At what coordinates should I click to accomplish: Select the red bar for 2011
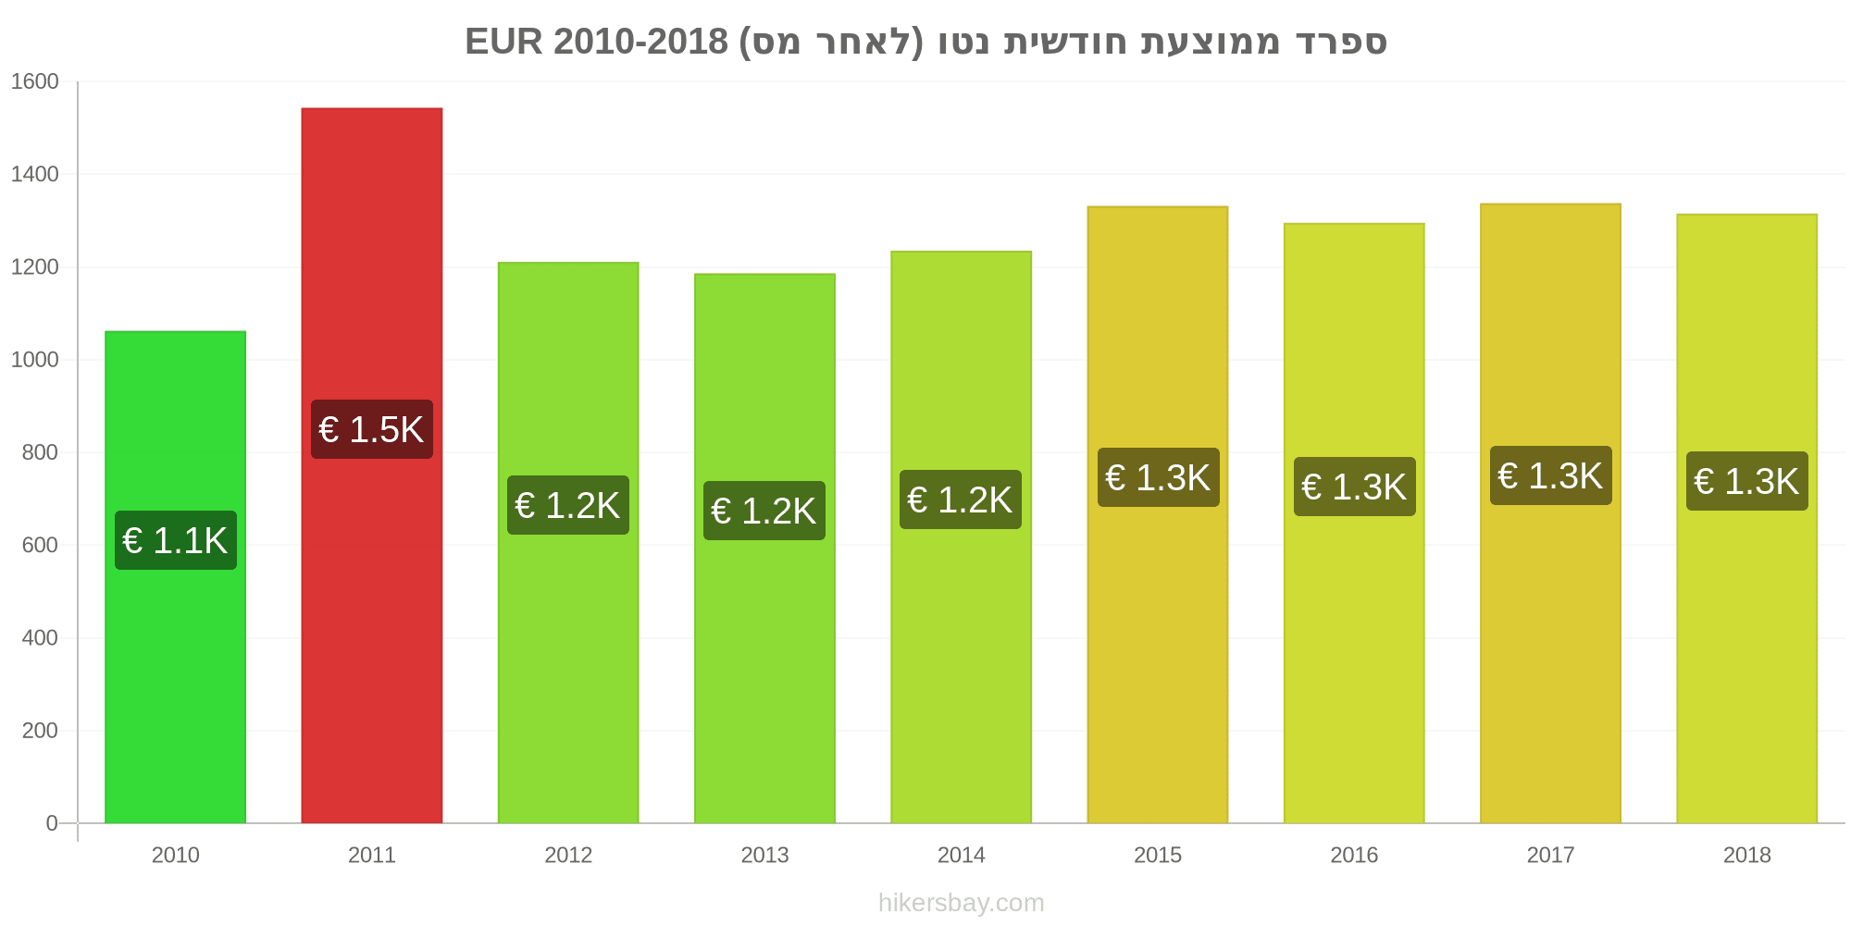pos(372,465)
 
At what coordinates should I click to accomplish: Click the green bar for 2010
pos(176,577)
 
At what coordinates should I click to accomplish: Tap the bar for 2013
pos(764,549)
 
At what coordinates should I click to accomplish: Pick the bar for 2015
pos(1158,514)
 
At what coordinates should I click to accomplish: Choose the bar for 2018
pos(1747,519)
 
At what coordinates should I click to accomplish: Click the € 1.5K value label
pos(372,429)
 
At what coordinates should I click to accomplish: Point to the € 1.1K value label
pos(176,540)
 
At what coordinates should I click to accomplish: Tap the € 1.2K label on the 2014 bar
pos(961,499)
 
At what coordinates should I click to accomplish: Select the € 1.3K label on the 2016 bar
pos(1355,487)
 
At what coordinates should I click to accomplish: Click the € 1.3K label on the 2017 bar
pos(1551,475)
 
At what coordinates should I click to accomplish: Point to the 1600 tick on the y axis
pos(34,81)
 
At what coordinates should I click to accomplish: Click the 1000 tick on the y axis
pos(34,360)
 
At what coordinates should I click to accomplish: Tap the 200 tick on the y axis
pos(40,731)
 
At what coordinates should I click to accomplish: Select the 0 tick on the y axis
pos(52,823)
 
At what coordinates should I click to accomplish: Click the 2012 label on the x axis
pos(568,855)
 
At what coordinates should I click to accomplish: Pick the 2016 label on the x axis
pos(1354,855)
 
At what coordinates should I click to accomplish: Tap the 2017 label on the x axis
pos(1550,855)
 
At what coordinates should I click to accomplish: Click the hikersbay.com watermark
pos(961,903)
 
